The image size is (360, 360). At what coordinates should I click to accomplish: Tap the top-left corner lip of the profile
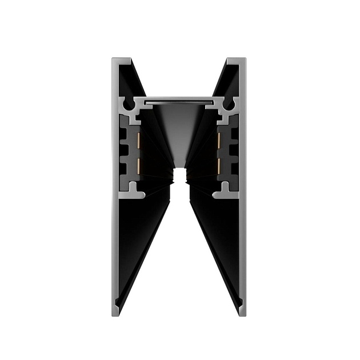[x=122, y=60]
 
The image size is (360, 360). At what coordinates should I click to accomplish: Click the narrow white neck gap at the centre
[x=179, y=175]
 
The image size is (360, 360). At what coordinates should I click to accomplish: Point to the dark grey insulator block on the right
[x=233, y=151]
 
